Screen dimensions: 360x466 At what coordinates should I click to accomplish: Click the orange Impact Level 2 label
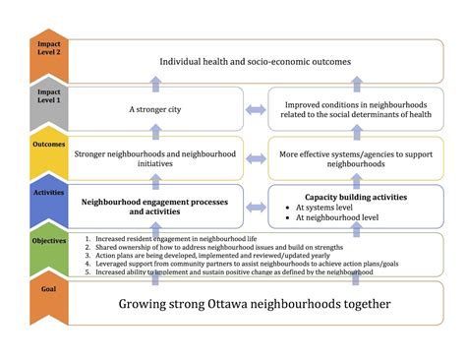pos(48,49)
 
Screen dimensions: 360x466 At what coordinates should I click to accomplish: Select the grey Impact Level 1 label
pos(48,97)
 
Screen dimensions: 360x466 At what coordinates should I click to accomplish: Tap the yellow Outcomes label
pos(48,147)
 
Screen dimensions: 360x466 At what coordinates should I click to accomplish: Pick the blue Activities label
pos(48,194)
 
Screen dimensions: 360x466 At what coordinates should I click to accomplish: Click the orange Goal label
pos(48,292)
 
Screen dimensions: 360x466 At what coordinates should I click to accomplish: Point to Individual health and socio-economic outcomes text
pos(256,62)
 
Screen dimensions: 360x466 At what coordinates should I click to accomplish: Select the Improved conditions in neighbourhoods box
pos(355,110)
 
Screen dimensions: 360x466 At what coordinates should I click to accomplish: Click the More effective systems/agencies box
pos(355,158)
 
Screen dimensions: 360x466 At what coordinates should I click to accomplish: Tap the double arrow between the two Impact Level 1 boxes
pos(256,110)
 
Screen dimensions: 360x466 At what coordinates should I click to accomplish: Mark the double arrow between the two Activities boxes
pos(256,206)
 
